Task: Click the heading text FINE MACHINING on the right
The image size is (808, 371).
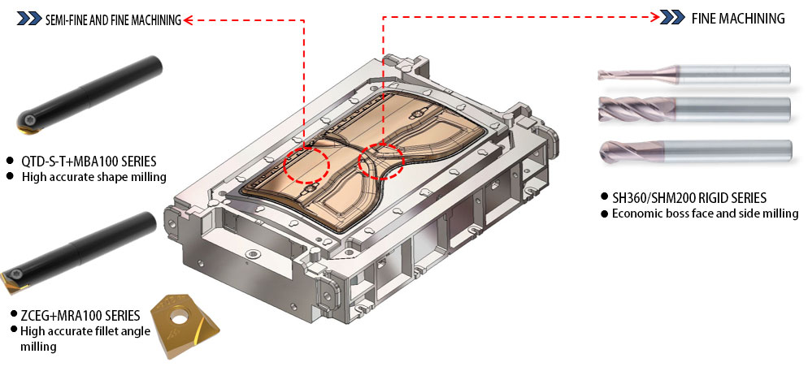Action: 737,19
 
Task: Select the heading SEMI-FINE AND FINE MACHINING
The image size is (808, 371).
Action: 113,20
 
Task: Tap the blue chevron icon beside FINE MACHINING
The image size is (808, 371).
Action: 672,18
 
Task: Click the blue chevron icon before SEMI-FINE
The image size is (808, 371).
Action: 29,19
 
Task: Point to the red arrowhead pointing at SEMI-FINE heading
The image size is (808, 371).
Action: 188,20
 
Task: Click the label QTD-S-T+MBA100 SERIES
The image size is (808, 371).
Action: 89,161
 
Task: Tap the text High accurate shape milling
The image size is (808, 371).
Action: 93,177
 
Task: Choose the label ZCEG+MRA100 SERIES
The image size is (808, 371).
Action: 80,314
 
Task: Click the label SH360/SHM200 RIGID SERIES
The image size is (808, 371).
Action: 689,197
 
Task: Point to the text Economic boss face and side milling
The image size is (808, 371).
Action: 705,213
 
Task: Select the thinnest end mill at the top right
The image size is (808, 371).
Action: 694,74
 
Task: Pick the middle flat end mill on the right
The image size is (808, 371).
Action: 694,109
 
